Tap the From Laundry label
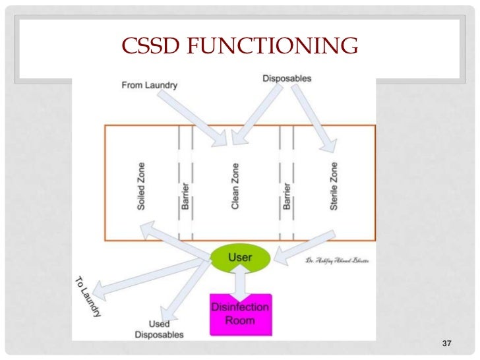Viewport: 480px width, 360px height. [150, 84]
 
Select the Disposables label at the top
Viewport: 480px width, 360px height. [287, 78]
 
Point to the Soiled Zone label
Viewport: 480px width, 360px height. [142, 186]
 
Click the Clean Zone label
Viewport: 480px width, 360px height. [235, 186]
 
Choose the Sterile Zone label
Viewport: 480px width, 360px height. [334, 186]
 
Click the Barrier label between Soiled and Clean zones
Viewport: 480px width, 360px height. [186, 196]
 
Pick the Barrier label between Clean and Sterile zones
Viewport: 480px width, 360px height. [287, 196]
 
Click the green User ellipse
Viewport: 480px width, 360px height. [239, 258]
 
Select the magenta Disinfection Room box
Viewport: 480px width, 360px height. [240, 314]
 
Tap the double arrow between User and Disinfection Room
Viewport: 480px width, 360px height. [240, 282]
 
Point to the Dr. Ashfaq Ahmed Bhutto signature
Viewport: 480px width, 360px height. [337, 261]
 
